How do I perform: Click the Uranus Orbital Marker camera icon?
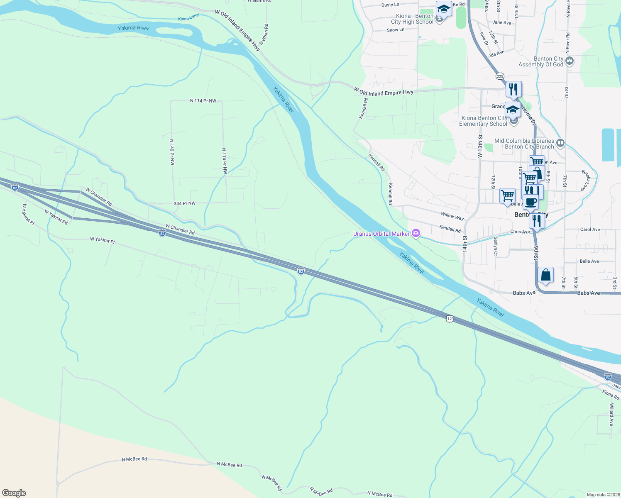416,234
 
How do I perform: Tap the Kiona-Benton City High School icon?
443,9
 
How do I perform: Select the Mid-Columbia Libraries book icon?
560,144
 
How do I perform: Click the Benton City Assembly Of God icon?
570,61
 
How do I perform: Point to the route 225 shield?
500,76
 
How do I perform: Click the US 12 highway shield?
450,319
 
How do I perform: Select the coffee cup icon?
531,202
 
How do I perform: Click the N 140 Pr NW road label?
172,152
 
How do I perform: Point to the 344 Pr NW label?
184,203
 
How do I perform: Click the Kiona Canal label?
189,17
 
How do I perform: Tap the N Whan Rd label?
264,34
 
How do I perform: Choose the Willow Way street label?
452,216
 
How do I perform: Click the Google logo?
14,493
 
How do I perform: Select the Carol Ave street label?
590,229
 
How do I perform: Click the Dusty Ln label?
390,5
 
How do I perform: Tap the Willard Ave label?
611,414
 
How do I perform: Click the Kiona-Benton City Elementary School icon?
513,110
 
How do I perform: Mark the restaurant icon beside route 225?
513,89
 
